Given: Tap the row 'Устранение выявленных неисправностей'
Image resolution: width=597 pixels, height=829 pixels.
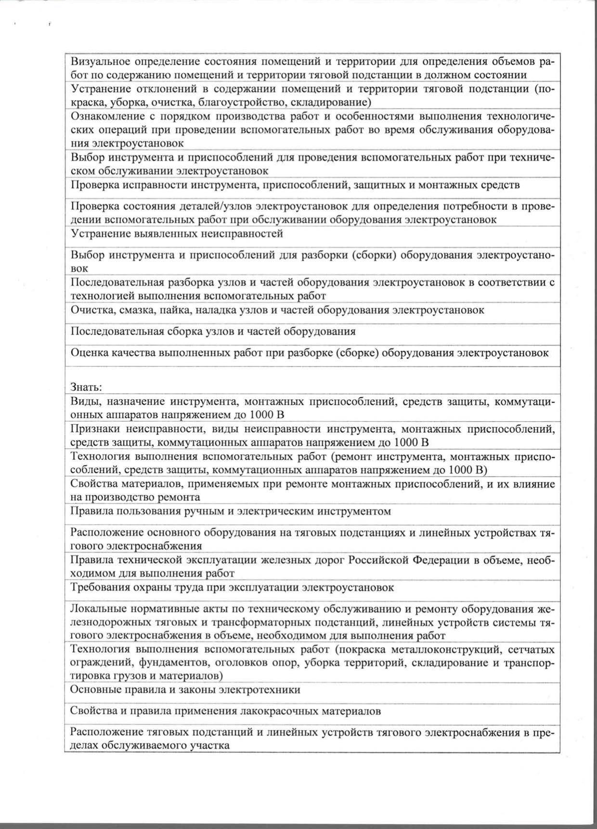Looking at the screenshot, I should click(177, 234).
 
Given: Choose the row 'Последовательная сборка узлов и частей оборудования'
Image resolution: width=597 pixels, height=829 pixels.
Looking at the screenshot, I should click(213, 332).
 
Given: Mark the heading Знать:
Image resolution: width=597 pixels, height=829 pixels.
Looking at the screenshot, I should click(86, 387).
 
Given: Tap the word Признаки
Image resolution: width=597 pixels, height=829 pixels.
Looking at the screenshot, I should click(94, 429).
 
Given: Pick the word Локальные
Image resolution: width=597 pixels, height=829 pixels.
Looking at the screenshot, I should click(95, 609).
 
